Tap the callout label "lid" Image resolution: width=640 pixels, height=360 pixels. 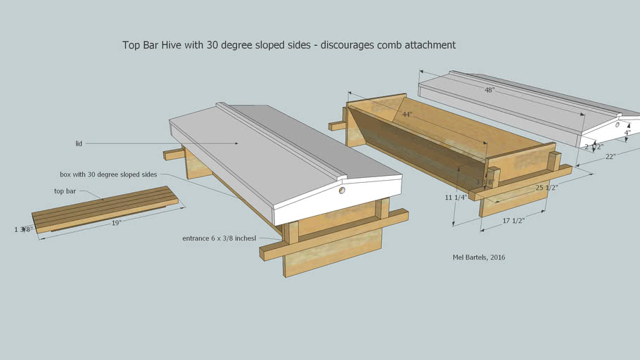(79, 143)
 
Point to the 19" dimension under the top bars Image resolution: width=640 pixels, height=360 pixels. (117, 222)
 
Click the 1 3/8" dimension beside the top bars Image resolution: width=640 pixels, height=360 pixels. (23, 229)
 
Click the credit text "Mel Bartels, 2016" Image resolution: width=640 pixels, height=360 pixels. (478, 257)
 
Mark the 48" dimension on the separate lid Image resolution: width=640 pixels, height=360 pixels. (489, 90)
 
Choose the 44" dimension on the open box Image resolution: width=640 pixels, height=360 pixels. (407, 114)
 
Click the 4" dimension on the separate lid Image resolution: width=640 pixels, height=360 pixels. (627, 131)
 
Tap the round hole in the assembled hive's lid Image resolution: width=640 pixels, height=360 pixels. (342, 190)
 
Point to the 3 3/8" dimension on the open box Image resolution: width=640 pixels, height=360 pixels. (485, 182)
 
